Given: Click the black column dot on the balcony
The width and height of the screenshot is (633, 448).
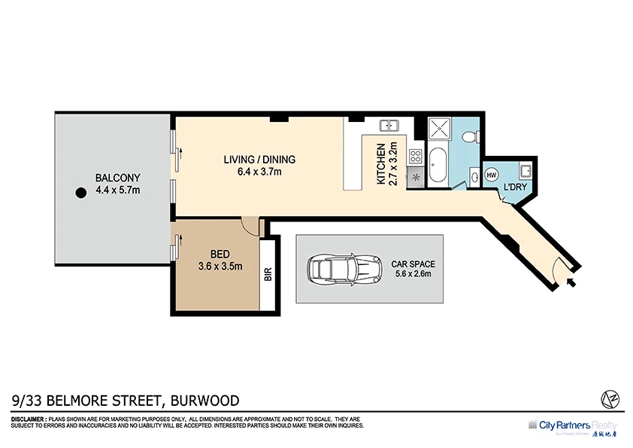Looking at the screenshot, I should (x=80, y=193).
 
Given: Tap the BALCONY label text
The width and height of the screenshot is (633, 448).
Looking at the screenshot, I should (x=117, y=178).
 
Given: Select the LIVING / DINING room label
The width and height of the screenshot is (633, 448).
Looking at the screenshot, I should (x=259, y=160).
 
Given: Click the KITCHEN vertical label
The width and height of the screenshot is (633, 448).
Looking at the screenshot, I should (x=381, y=164).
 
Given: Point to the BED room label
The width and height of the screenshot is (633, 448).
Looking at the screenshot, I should (x=220, y=254).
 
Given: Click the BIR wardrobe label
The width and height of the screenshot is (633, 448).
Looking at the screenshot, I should (x=268, y=275).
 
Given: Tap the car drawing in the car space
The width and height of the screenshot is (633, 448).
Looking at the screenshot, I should (x=344, y=268).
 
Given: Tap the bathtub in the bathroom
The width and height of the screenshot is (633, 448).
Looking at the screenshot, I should (x=438, y=163).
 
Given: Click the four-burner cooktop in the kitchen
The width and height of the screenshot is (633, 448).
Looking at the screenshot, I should (x=415, y=157).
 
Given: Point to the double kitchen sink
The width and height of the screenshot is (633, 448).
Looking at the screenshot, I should (x=389, y=125).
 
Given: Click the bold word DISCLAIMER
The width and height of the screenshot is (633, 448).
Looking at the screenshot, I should (x=28, y=419).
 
